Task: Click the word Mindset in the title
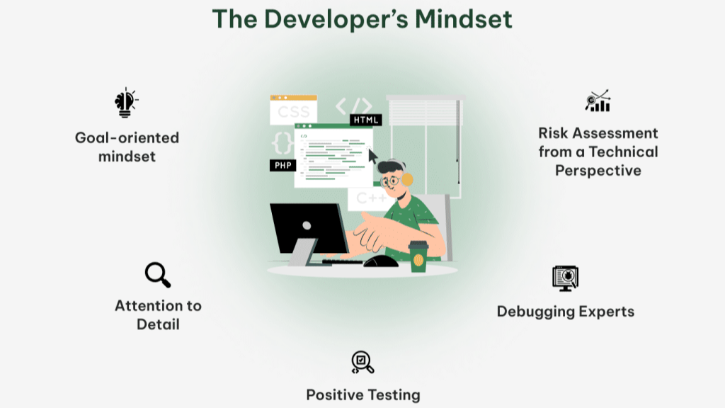(459, 19)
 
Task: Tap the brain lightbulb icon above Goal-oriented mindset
(125, 103)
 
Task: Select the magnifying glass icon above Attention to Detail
(157, 275)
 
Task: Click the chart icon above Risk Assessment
(598, 101)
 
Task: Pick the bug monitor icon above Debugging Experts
(565, 278)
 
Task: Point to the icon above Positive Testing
(362, 362)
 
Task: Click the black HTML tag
(366, 120)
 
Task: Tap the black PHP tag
(282, 165)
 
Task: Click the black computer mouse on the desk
(380, 261)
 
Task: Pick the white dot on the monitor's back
(306, 226)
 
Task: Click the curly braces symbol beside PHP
(282, 142)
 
